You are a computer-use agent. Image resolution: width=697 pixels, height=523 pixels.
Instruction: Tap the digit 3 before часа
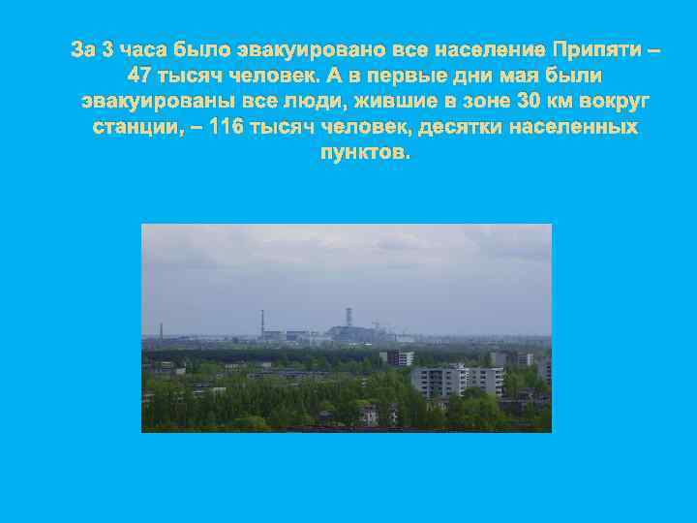click(x=106, y=49)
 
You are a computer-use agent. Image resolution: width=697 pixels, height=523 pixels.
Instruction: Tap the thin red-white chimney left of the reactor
click(x=261, y=323)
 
